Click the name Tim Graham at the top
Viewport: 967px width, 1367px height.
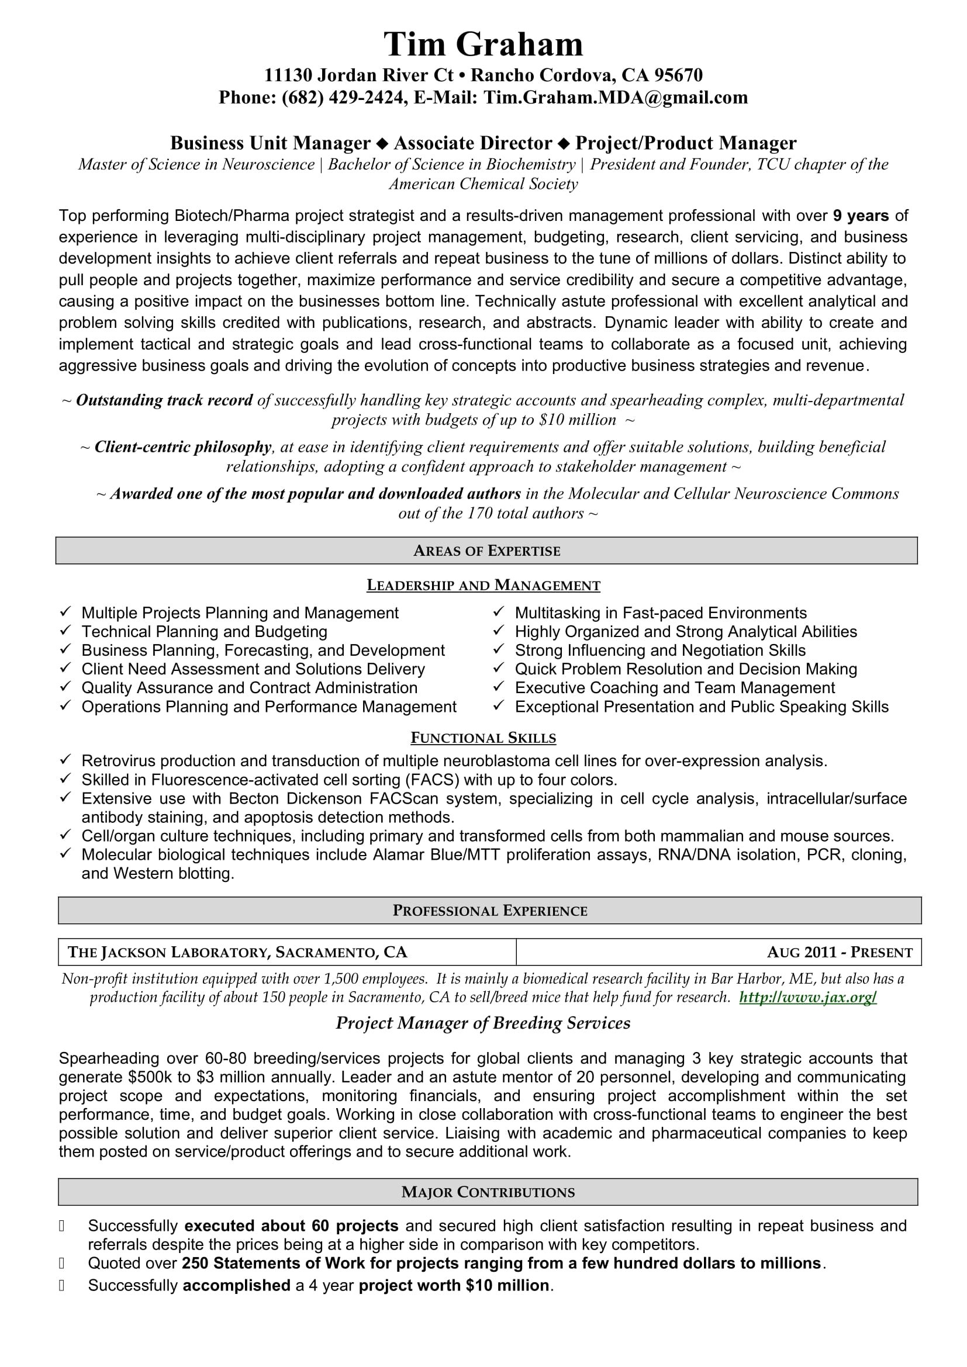[x=483, y=44]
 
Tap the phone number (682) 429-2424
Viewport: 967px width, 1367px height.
[x=343, y=98]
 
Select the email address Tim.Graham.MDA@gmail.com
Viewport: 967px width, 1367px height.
[x=615, y=98]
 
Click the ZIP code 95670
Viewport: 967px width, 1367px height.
[x=678, y=75]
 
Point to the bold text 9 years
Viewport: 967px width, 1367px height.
[x=861, y=216]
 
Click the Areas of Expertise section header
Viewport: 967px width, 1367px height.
[x=486, y=551]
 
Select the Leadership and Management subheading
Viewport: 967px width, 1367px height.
[x=483, y=585]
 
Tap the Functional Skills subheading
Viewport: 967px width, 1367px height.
[x=483, y=738]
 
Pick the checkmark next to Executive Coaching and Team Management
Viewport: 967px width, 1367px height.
[x=499, y=687]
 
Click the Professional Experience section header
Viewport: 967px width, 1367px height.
[x=489, y=911]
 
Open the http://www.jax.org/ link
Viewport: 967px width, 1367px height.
[x=807, y=998]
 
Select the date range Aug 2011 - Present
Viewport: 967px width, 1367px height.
[x=840, y=953]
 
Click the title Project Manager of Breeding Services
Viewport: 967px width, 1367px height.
[x=483, y=1023]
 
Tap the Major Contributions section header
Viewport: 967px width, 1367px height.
[x=488, y=1192]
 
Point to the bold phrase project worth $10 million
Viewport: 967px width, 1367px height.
[x=454, y=1285]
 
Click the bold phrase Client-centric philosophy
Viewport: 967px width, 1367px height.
[x=183, y=447]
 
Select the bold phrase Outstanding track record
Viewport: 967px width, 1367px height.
[x=164, y=401]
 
